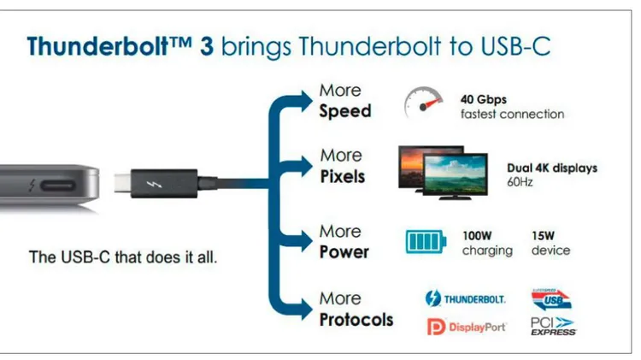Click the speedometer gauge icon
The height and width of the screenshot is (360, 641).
(423, 102)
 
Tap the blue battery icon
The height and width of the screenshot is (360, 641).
(426, 241)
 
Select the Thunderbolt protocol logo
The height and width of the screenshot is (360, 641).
(465, 298)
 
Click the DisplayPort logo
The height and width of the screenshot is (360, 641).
(467, 327)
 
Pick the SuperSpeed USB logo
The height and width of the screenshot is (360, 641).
(551, 299)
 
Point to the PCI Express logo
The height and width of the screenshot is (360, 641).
(554, 327)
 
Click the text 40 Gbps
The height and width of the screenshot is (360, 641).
(484, 99)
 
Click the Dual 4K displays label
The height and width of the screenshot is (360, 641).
(552, 168)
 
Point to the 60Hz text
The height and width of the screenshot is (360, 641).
(520, 181)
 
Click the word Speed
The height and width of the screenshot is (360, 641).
(345, 111)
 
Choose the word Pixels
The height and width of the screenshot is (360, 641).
(343, 176)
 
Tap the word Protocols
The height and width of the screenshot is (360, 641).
(356, 320)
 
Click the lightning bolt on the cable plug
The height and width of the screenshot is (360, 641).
(155, 184)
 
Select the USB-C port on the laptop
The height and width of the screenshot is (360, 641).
(57, 186)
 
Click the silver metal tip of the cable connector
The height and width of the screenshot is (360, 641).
(122, 183)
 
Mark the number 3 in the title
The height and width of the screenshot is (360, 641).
(207, 46)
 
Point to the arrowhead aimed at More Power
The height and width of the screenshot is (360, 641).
(305, 239)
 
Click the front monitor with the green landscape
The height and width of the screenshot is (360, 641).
(456, 175)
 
